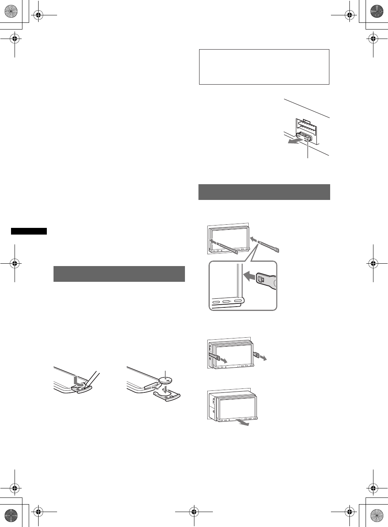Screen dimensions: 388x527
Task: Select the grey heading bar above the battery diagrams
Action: point(119,274)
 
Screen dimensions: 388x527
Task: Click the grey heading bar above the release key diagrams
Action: point(264,192)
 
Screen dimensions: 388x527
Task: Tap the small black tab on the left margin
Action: point(29,231)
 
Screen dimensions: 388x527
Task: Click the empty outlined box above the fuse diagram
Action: point(264,67)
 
